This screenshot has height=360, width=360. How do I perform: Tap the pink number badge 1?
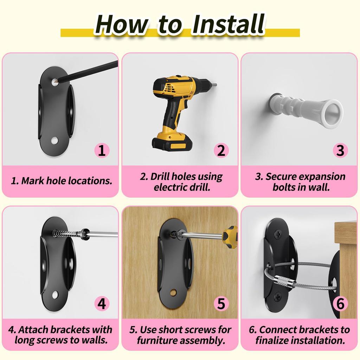(x=102, y=151)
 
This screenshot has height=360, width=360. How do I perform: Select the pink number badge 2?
(x=221, y=151)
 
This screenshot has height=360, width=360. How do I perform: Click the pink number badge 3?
(x=340, y=151)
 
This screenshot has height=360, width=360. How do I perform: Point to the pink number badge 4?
(x=102, y=303)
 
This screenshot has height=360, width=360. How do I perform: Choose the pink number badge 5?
(x=221, y=303)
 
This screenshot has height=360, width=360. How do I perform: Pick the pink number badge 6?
(x=340, y=303)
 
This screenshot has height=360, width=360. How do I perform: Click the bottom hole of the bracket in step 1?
(x=54, y=141)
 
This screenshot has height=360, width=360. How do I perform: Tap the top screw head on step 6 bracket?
(x=278, y=233)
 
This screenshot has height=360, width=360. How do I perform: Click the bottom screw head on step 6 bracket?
(x=278, y=297)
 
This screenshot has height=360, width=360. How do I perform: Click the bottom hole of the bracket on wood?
(x=173, y=292)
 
